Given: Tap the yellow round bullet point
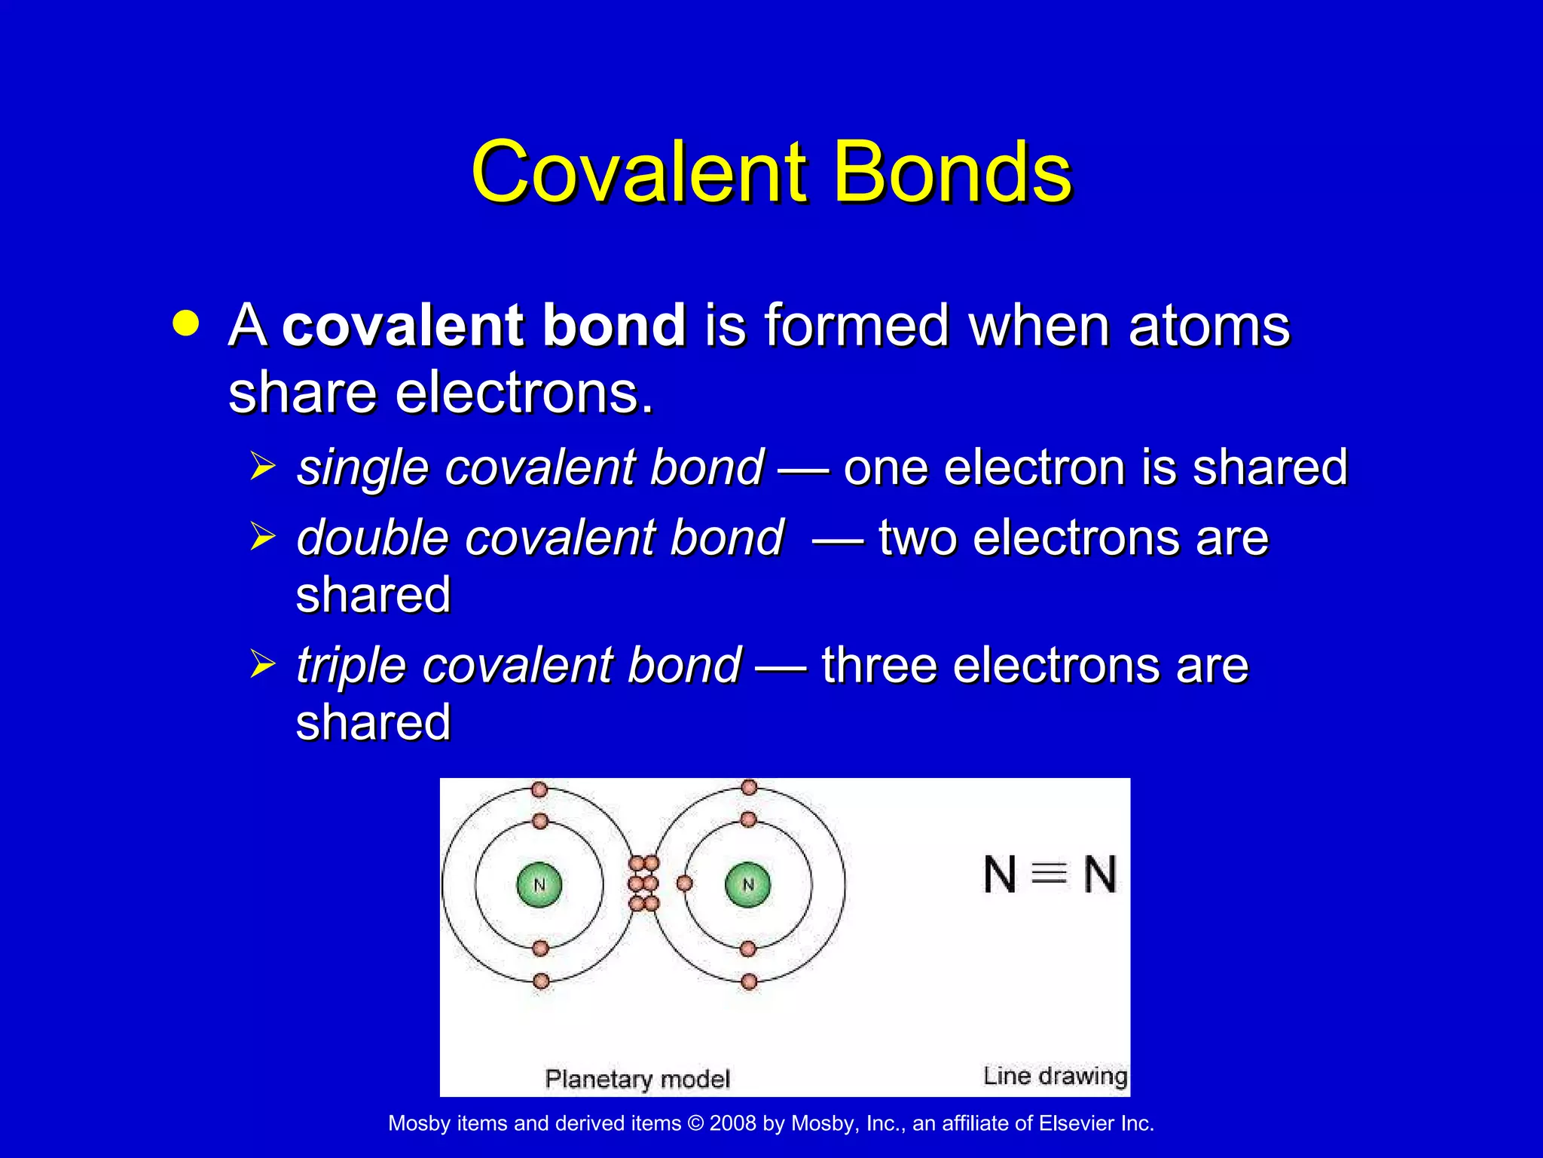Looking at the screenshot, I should click(186, 323).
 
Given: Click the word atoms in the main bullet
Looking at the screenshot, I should click(1208, 326).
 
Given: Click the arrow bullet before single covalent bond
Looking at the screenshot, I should click(263, 466).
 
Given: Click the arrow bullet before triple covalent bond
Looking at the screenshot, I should click(263, 664).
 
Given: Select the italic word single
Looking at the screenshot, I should click(362, 467).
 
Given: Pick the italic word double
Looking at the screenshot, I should click(372, 538).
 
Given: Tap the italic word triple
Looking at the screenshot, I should click(350, 666).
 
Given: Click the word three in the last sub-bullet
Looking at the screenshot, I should click(878, 665).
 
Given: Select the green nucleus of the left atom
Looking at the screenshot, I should click(539, 884).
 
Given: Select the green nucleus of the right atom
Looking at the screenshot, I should click(747, 884).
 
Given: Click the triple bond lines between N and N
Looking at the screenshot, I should click(1049, 874).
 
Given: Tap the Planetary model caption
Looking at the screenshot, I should click(637, 1079).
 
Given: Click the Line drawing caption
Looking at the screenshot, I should click(1055, 1076).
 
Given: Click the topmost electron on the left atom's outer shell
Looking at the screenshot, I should click(539, 789).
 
